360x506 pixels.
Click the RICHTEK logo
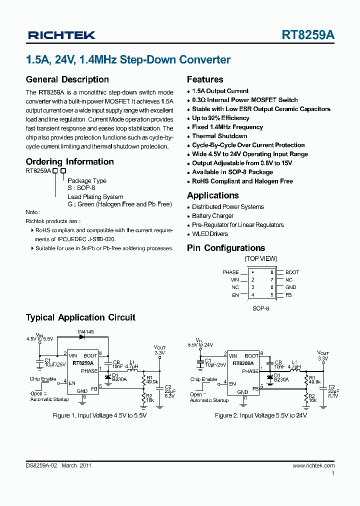[61, 35]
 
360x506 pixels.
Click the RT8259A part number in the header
[308, 35]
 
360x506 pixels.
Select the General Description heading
[67, 79]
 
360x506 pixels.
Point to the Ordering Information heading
[69, 161]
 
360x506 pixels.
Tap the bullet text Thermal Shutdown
[219, 136]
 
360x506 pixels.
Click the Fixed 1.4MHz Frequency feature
[227, 127]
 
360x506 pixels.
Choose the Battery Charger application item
[212, 216]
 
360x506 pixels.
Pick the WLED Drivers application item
[210, 234]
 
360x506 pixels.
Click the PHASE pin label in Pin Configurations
[230, 272]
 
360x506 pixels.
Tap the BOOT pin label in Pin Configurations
[292, 272]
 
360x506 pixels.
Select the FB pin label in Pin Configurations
[288, 295]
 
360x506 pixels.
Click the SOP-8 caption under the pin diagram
[260, 309]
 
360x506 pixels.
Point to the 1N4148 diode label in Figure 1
[85, 332]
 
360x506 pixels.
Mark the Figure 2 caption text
[260, 415]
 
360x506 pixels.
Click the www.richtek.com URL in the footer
[313, 465]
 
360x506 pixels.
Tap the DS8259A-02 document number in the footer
[42, 465]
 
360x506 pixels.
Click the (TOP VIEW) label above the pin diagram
[260, 259]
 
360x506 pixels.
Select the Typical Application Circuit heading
[80, 317]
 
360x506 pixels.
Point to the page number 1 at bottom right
[333, 473]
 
